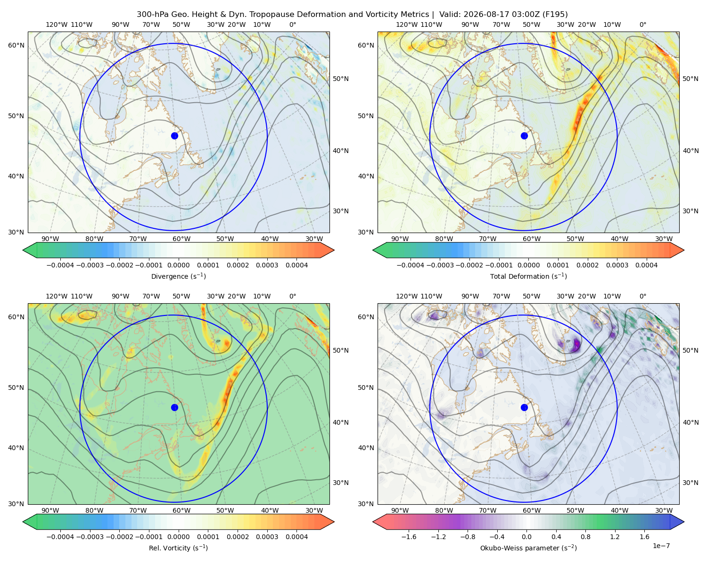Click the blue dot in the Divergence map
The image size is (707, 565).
(174, 136)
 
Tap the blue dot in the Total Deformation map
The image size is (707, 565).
(524, 136)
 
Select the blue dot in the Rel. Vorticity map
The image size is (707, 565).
(174, 407)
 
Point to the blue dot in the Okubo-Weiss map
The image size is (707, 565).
(524, 407)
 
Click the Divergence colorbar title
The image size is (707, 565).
(178, 276)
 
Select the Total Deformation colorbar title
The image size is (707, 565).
(528, 276)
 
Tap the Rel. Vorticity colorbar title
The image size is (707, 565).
(178, 548)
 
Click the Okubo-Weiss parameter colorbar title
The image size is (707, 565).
(528, 548)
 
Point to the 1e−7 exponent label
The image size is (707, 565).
(661, 546)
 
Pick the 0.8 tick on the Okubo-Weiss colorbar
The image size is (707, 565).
(585, 536)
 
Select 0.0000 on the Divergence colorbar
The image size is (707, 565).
(178, 265)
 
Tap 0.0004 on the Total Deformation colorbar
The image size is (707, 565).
(646, 265)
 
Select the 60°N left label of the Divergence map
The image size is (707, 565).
(16, 45)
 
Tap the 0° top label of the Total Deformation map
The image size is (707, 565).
(642, 24)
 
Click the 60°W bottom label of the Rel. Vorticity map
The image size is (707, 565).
(181, 510)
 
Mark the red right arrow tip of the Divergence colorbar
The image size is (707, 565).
(334, 250)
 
